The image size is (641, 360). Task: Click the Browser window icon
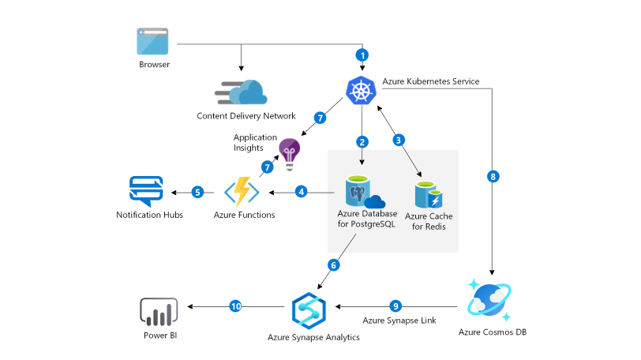click(x=154, y=41)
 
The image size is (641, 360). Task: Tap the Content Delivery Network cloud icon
click(x=242, y=93)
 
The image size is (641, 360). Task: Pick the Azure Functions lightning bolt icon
click(x=241, y=192)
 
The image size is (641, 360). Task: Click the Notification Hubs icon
click(x=146, y=192)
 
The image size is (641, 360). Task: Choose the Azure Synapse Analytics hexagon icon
click(x=309, y=309)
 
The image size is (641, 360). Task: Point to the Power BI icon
click(x=159, y=312)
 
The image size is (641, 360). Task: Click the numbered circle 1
click(x=362, y=55)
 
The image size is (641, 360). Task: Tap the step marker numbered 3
click(x=399, y=140)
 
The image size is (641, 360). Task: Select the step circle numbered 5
click(x=197, y=192)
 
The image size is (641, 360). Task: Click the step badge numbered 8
click(x=494, y=177)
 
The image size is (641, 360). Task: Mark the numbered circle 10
click(x=235, y=306)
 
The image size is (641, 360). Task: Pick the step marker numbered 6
click(x=333, y=265)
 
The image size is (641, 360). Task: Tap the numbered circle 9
click(x=396, y=306)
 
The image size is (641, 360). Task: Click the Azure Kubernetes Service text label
click(x=430, y=81)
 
